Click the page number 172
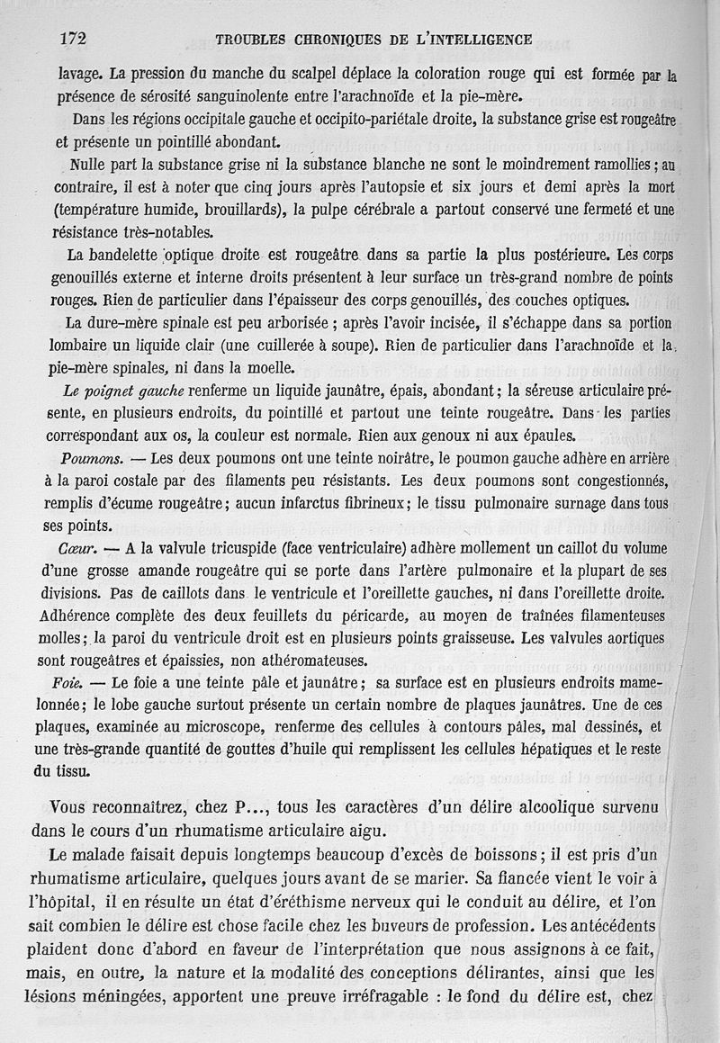[x=72, y=38]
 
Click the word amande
[x=179, y=571]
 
